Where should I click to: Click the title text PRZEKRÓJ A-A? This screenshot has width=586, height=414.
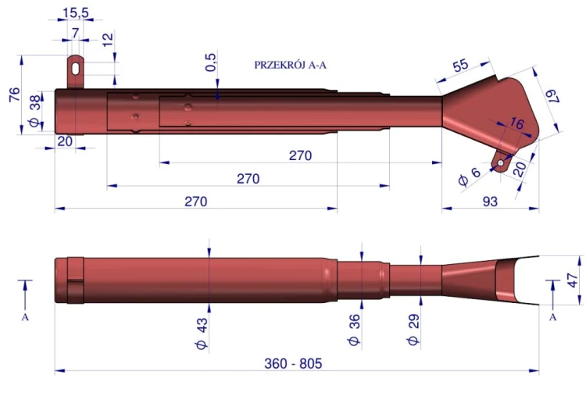tap(290, 65)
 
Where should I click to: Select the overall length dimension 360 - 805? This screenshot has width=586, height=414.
tap(293, 363)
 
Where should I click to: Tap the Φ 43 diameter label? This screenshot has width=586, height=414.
tap(202, 334)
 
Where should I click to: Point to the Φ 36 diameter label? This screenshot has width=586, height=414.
tap(353, 330)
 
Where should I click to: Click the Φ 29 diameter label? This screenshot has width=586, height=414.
tap(413, 330)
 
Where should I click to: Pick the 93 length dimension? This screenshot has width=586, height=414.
tap(490, 202)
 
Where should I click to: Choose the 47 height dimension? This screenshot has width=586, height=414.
tap(573, 280)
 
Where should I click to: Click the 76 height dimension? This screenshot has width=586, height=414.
tap(14, 95)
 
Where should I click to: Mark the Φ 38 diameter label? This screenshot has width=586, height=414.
tap(34, 111)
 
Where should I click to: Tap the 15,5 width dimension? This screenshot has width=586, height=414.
tap(76, 13)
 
